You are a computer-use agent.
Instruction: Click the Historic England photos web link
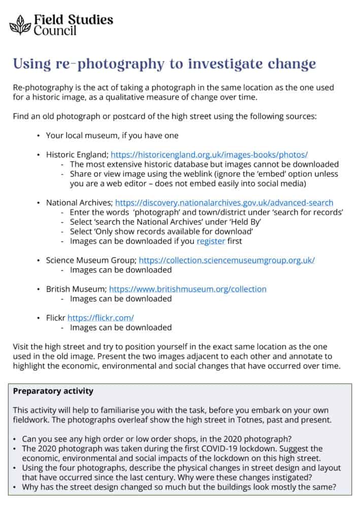pos(209,154)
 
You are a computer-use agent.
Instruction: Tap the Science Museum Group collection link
pos(226,260)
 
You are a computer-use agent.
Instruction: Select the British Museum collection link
pos(188,289)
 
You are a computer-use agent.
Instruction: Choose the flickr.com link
pos(101,318)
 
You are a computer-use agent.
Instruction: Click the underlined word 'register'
pos(211,241)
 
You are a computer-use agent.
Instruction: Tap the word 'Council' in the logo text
pos(55,30)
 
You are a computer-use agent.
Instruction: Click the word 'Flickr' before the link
pos(56,318)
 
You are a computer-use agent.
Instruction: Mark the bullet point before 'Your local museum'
pos(39,136)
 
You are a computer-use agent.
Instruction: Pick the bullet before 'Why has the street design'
pos(16,487)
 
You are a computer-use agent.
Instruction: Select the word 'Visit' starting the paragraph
pos(21,347)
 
